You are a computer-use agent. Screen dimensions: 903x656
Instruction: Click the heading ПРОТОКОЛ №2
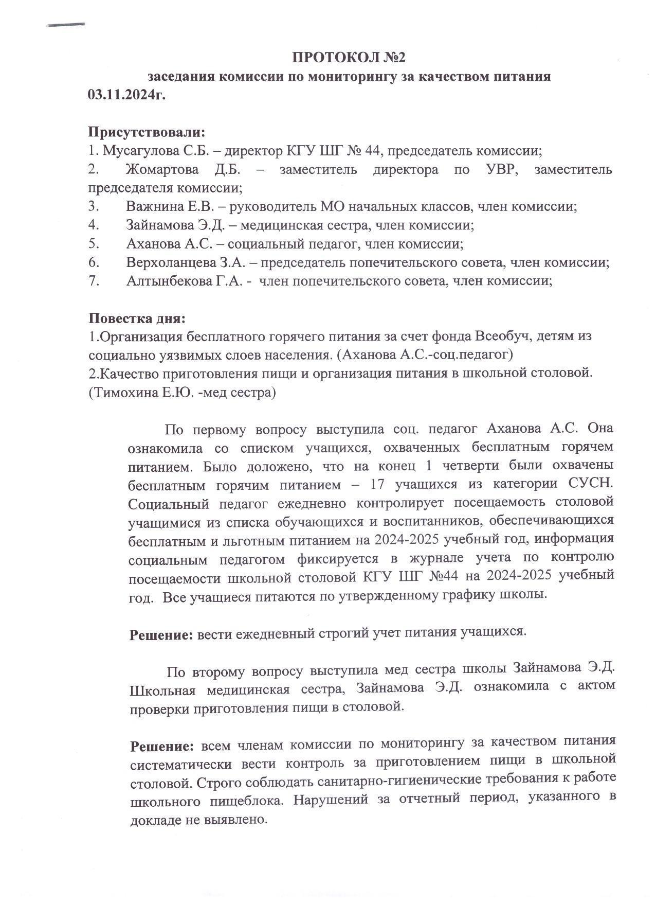349,57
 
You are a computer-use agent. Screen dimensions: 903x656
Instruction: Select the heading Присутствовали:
147,132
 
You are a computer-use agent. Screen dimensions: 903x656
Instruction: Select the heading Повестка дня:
137,318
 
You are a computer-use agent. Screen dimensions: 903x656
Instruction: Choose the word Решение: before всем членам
162,746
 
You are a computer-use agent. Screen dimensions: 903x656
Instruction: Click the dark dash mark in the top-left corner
65,24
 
